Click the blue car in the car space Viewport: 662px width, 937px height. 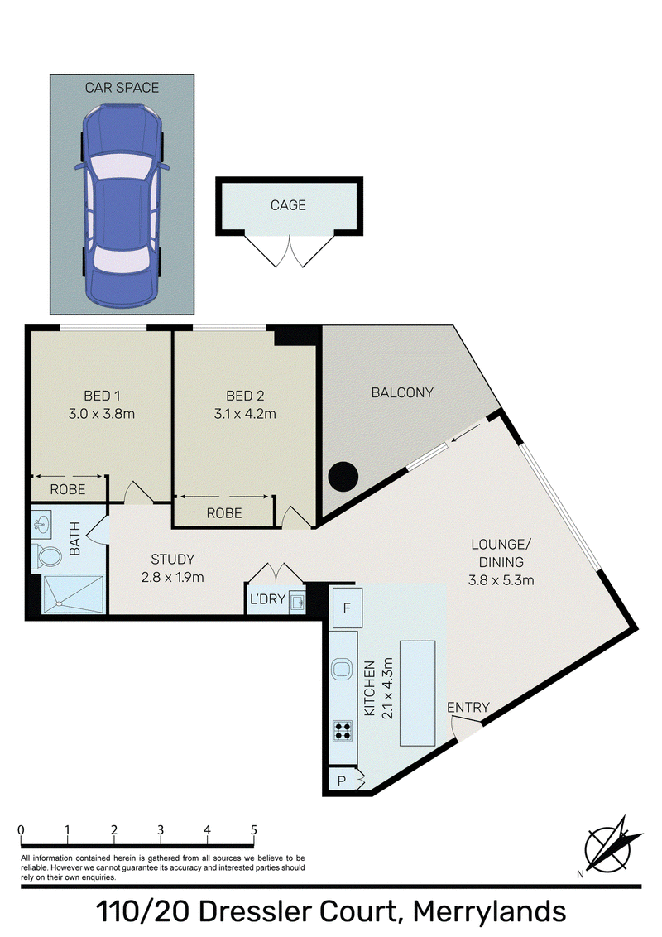[122, 204]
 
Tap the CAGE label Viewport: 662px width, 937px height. [288, 205]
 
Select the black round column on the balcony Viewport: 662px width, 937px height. [343, 476]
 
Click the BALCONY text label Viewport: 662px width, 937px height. [402, 392]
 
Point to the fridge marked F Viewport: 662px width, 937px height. [346, 608]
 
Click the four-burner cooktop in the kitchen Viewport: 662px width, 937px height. [343, 731]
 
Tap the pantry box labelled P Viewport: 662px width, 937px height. [342, 781]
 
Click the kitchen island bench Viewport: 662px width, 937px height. [417, 693]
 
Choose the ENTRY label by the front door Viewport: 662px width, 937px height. [468, 707]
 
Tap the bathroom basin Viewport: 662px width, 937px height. [42, 523]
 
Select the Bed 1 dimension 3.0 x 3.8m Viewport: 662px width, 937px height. [102, 414]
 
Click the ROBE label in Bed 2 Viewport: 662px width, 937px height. [224, 512]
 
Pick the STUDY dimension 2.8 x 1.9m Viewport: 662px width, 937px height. [173, 577]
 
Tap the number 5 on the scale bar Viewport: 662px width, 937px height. [254, 830]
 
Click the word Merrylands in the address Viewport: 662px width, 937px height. [489, 912]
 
